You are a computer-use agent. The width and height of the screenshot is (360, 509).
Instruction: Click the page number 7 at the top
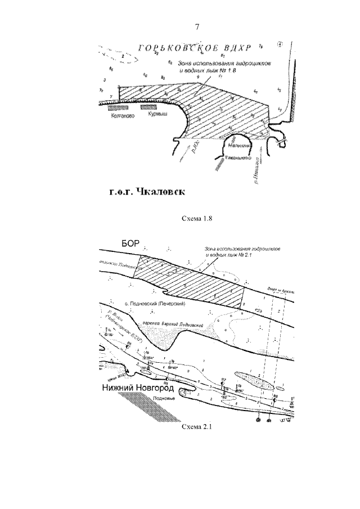coord(197,27)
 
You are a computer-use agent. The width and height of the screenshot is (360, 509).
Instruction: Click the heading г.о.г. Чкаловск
coord(147,191)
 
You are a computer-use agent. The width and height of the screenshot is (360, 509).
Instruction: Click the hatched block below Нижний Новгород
coord(163,409)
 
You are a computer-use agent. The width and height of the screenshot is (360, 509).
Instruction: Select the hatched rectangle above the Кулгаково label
coord(119,106)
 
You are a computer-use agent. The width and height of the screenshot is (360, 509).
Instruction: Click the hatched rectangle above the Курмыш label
coord(148,106)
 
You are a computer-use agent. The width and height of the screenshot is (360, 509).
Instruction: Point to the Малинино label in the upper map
coord(239,146)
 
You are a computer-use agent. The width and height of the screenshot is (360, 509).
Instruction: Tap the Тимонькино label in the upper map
coord(239,158)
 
